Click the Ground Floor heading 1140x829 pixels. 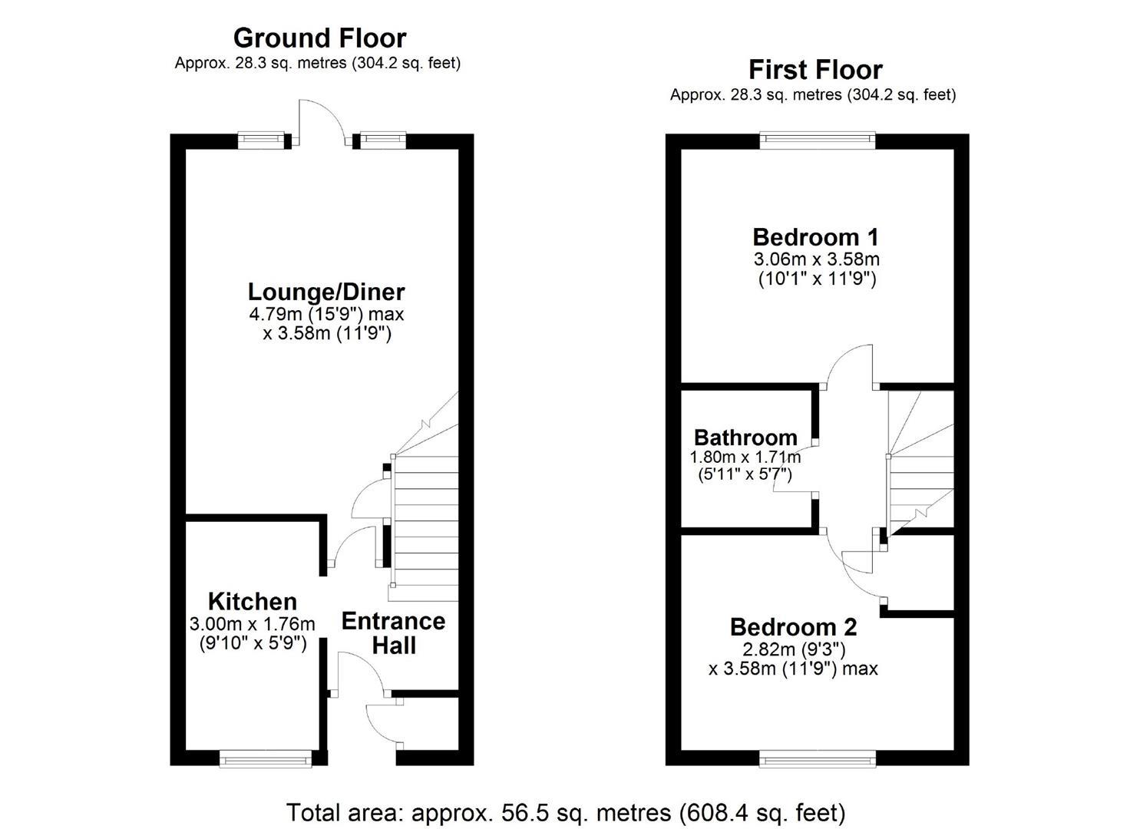[x=319, y=38]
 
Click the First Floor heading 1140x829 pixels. [x=815, y=70]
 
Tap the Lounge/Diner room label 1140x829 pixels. [x=325, y=292]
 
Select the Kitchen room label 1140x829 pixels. [x=252, y=601]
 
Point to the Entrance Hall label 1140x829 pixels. [x=393, y=632]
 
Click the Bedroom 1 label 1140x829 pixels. [x=815, y=236]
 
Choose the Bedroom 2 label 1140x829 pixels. [x=793, y=627]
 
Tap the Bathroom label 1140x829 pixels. [x=745, y=438]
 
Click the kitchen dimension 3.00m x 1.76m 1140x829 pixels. [x=252, y=624]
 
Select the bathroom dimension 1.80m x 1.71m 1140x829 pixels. [x=745, y=457]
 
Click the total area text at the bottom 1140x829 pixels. [x=566, y=812]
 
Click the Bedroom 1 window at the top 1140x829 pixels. [x=817, y=140]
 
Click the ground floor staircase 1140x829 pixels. [x=425, y=522]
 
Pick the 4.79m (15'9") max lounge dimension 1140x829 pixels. [x=325, y=314]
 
